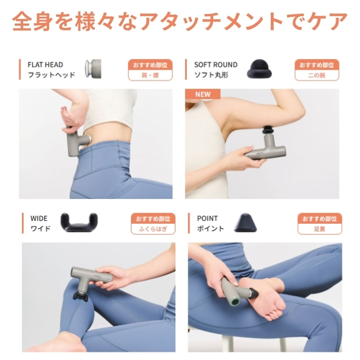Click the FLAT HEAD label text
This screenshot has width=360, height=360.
click(x=45, y=65)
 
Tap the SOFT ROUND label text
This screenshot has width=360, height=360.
click(x=215, y=65)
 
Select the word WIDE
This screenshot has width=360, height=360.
click(x=39, y=218)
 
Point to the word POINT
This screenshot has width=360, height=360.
click(x=207, y=218)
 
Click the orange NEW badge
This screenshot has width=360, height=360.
click(x=203, y=94)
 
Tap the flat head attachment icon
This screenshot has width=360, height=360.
click(x=93, y=69)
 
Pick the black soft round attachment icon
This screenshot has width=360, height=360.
click(x=259, y=69)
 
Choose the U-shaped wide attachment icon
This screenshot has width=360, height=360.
click(x=79, y=222)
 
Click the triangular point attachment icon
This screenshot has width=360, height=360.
click(x=245, y=222)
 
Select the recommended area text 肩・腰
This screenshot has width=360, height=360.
click(x=150, y=75)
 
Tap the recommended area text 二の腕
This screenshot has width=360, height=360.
click(x=317, y=75)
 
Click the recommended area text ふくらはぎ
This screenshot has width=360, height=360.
click(x=153, y=229)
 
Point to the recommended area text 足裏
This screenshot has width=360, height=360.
click(x=320, y=229)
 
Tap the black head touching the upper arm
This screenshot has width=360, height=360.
click(x=267, y=129)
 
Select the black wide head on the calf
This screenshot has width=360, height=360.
click(x=80, y=296)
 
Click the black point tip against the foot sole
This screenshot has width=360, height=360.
click(x=255, y=293)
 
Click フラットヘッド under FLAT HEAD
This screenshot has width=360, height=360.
click(x=51, y=75)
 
